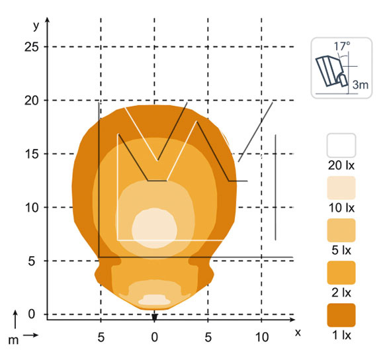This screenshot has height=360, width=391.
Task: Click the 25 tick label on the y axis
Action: click(32, 47)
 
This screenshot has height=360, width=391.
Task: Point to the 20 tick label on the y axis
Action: click(32, 101)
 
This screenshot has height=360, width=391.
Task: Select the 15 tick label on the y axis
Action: click(32, 154)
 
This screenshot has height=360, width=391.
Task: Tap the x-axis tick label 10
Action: click(262, 337)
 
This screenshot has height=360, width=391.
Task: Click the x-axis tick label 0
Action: click(154, 337)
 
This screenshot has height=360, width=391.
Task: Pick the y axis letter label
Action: click(36, 26)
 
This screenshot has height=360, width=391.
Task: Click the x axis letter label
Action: click(298, 333)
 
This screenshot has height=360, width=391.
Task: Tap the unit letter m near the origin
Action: click(13, 340)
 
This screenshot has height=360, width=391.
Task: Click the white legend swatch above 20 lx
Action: click(341, 145)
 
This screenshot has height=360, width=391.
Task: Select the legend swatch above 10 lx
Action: click(341, 188)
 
